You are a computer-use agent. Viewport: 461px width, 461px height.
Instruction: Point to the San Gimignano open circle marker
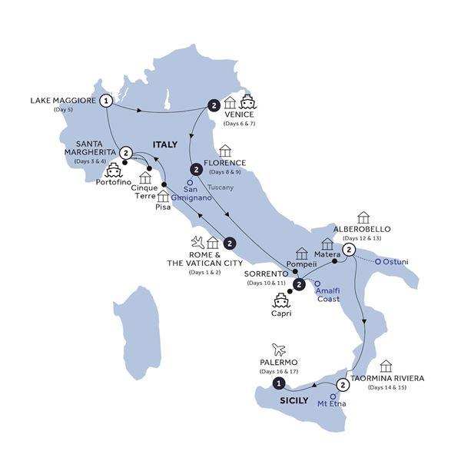(191, 182)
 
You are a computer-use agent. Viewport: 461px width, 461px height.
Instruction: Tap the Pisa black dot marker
(164, 185)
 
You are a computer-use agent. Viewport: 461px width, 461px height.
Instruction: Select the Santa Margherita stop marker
(126, 153)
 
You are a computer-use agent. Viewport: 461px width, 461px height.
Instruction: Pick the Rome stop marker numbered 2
(229, 244)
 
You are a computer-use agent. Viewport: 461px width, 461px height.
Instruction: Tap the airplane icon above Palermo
(278, 349)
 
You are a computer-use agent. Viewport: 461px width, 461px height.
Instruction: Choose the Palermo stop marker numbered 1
(280, 383)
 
